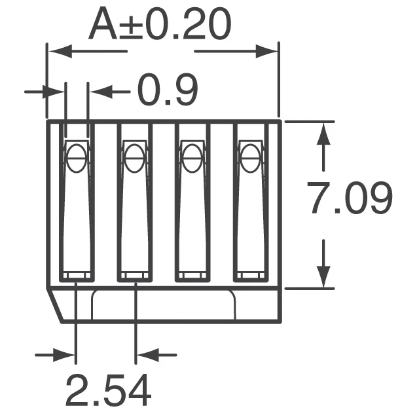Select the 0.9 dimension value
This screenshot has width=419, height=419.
pos(167,92)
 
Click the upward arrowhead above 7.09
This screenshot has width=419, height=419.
pos(322,134)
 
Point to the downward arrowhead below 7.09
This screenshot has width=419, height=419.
pos(322,275)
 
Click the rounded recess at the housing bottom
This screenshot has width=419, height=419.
pos(164,305)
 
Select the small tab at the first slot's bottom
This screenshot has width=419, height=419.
pos(76,276)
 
